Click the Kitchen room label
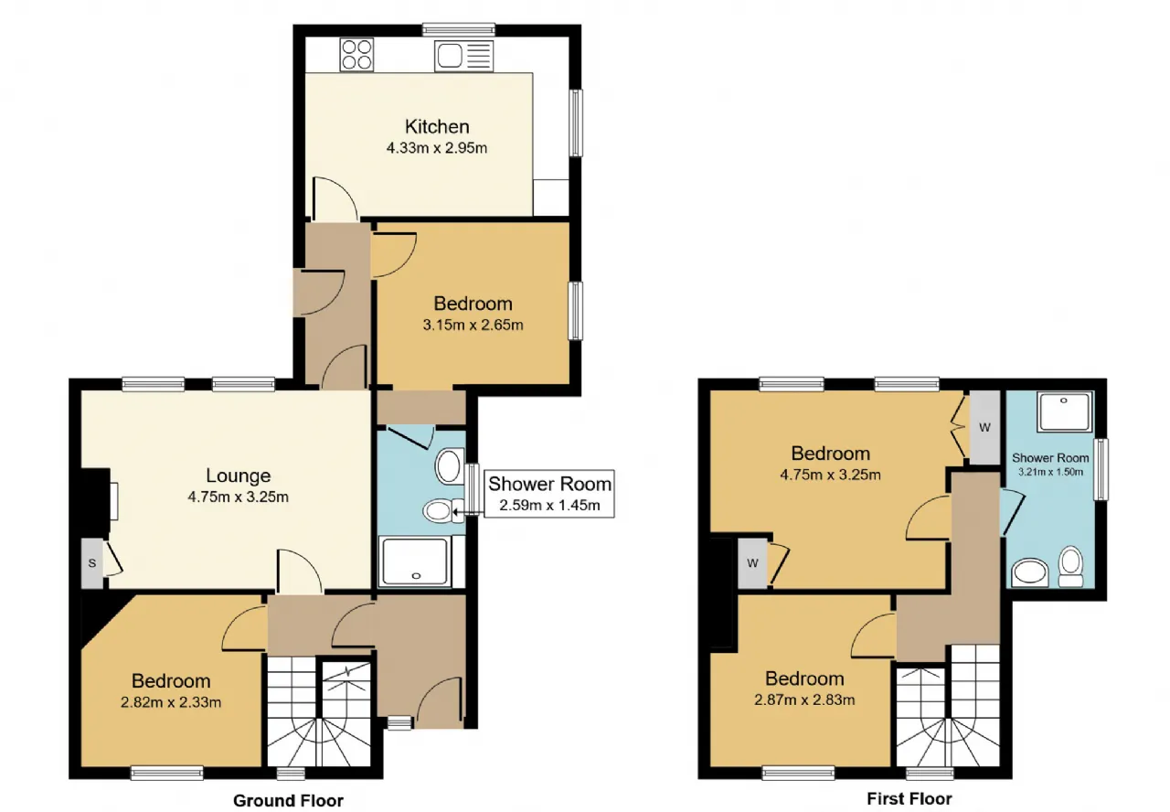click(x=437, y=126)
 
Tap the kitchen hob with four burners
click(x=356, y=54)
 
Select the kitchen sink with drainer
click(x=463, y=57)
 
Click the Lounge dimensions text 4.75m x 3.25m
click(x=239, y=497)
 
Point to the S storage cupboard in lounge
click(x=92, y=563)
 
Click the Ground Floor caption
click(x=288, y=800)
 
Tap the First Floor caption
click(x=909, y=798)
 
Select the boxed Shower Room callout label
click(x=549, y=494)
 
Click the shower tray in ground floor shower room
click(x=416, y=561)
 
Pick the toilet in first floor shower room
click(x=1070, y=567)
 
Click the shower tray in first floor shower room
click(x=1065, y=411)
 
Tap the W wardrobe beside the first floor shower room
click(x=984, y=427)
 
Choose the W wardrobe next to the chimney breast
click(x=752, y=563)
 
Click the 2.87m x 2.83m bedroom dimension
click(x=804, y=700)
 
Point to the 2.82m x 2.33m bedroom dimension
click(x=171, y=702)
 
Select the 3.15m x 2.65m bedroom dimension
click(x=473, y=325)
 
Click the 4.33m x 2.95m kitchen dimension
click(x=437, y=148)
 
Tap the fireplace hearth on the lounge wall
click(x=114, y=501)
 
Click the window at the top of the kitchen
click(x=459, y=29)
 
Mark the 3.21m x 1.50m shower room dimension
click(x=1050, y=472)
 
